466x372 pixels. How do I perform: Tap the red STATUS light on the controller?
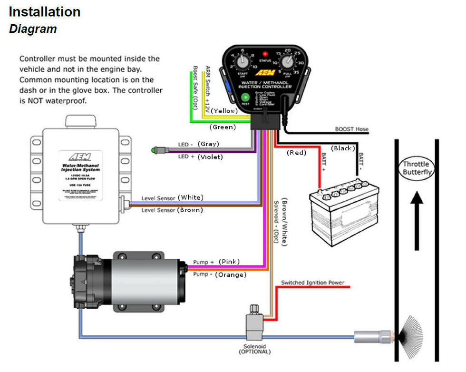265,54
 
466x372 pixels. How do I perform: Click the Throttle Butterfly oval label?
416,168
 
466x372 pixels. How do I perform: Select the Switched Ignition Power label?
312,283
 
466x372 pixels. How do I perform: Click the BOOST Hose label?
351,129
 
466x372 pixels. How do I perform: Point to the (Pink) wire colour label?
229,262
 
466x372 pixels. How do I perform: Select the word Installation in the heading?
45,12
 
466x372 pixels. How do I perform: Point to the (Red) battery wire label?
297,152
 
